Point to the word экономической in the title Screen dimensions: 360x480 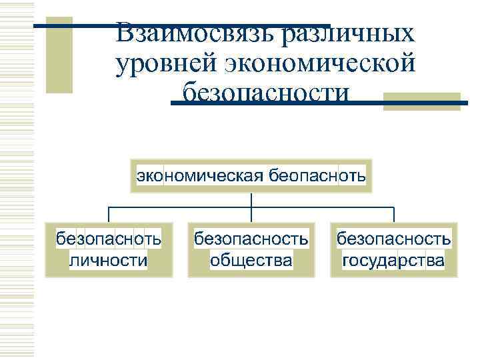point(321,65)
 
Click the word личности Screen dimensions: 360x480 point(109,259)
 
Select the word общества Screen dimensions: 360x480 point(251,259)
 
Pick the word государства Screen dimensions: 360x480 point(393,259)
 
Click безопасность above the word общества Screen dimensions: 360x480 point(251,238)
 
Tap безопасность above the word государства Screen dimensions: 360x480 point(393,238)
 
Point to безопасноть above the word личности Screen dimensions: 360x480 point(109,238)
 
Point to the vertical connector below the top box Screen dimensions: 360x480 point(251,200)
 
